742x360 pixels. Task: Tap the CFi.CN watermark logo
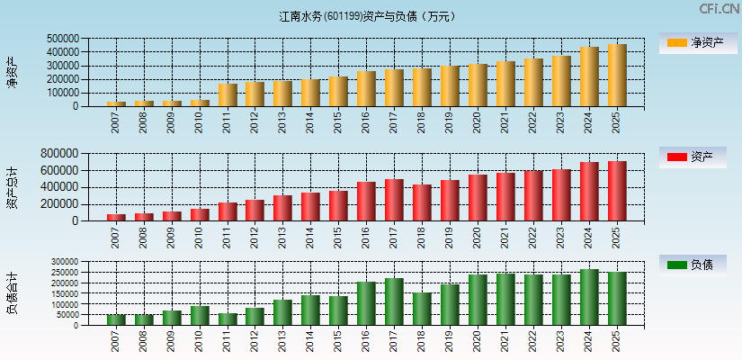[x=719, y=9]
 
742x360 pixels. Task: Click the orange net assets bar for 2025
[x=617, y=76]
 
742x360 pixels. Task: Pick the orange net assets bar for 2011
[x=228, y=95]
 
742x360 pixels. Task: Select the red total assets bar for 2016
[x=366, y=202]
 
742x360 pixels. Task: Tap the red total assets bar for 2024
[x=589, y=192]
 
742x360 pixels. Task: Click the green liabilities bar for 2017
[x=394, y=301]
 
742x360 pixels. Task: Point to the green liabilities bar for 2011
[x=228, y=319]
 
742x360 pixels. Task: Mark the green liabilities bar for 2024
[x=589, y=297]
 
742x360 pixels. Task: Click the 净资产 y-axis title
[x=12, y=72]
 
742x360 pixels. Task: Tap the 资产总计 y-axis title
[x=12, y=187]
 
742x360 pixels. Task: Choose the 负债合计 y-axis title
[x=12, y=293]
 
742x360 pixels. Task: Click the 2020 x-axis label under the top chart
[x=478, y=121]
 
